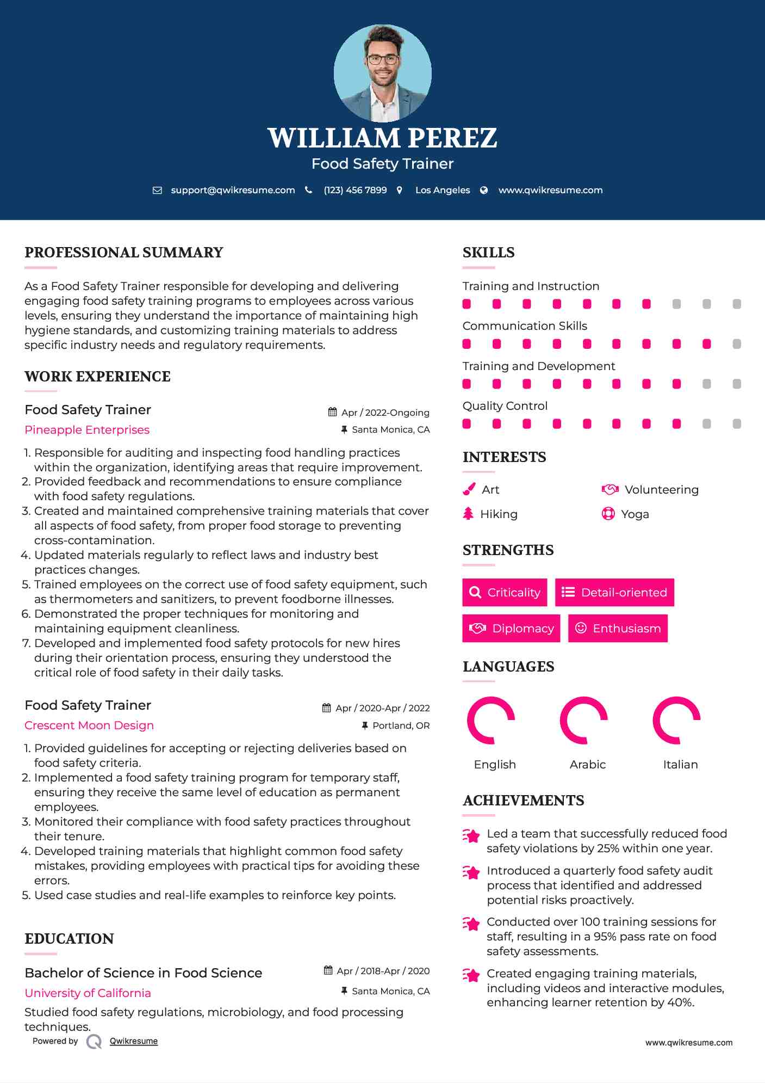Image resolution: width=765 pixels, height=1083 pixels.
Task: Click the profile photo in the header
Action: point(382,73)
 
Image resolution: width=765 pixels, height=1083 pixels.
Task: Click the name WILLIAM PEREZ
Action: point(382,138)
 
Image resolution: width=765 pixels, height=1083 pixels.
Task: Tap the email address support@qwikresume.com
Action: point(233,190)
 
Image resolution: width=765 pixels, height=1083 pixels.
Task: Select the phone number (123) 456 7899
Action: point(355,190)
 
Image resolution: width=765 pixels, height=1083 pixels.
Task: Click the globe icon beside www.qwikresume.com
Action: point(484,190)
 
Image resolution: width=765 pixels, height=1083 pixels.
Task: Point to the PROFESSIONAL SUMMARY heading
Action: point(124,253)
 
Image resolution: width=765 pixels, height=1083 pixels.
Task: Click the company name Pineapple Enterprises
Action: point(87,430)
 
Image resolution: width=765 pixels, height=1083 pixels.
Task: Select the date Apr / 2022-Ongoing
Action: point(385,413)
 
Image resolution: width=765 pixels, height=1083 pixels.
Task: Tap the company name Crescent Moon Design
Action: point(89,725)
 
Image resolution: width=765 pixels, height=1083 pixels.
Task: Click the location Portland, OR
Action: point(401,725)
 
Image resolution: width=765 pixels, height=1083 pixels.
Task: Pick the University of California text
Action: point(88,993)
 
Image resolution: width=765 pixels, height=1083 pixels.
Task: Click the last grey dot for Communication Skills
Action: point(737,344)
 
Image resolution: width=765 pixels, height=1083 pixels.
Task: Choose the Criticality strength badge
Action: point(505,592)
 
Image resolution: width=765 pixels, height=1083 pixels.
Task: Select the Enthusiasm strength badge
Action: point(618,629)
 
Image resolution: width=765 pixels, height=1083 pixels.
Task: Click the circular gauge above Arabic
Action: point(584,720)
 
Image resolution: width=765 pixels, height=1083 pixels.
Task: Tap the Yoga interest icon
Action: point(608,514)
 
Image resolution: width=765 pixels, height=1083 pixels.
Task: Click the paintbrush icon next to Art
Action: point(469,489)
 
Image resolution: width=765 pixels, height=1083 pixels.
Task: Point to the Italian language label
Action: point(680,765)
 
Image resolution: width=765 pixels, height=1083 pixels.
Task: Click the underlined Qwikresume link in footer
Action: point(134,1041)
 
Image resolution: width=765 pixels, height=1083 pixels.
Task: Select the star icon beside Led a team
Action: point(471,835)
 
